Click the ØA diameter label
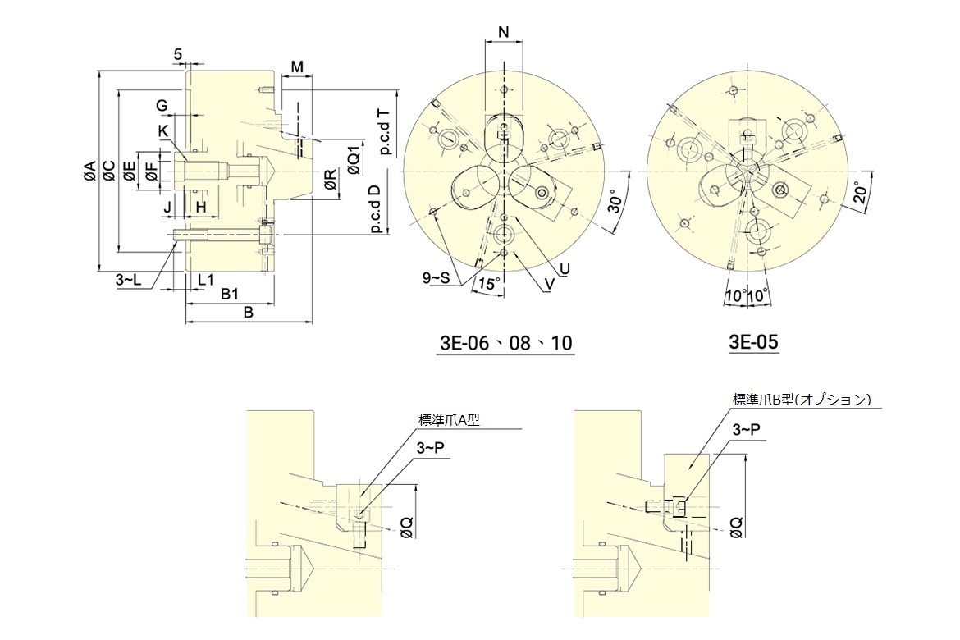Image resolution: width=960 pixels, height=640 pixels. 89,171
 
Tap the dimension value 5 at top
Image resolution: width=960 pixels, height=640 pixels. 178,54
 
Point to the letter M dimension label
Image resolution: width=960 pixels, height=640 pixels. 297,66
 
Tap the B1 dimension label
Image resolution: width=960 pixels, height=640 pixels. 230,294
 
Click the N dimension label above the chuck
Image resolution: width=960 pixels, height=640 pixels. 504,32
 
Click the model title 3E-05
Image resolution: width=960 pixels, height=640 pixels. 753,342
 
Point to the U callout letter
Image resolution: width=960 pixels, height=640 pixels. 565,268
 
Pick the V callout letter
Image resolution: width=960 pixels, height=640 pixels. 548,283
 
